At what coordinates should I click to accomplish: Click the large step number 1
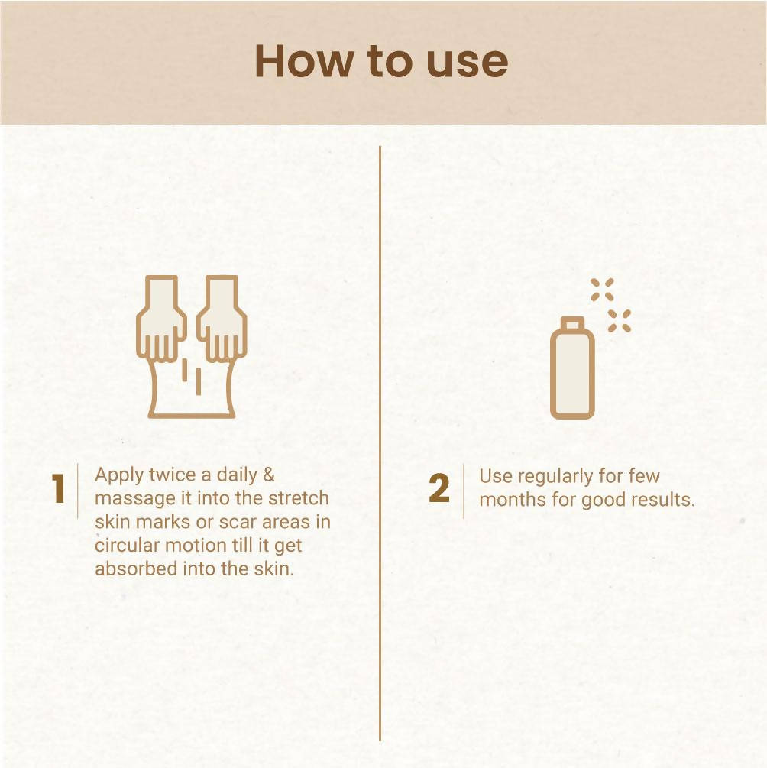57,490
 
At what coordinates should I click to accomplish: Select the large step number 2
439,490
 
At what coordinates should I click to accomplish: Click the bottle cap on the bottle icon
572,323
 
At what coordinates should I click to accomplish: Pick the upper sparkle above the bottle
602,290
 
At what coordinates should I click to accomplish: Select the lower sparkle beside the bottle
620,321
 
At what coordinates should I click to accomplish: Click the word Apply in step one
118,475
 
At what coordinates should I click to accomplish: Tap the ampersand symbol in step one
267,475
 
